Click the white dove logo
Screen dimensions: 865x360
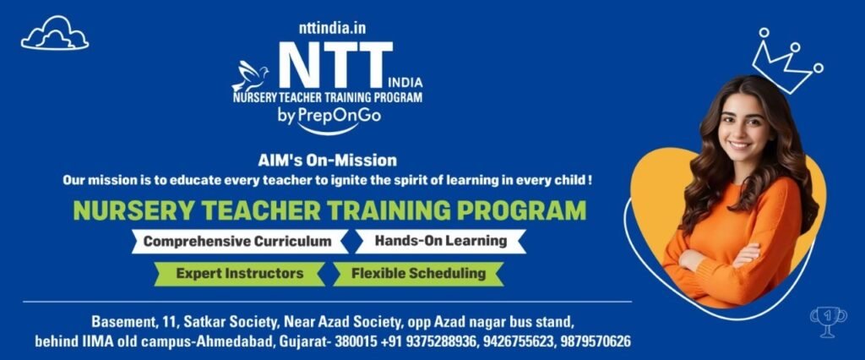250,76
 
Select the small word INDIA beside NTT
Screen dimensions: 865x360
405,84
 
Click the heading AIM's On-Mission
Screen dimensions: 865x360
327,161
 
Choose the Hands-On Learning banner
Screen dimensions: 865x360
440,241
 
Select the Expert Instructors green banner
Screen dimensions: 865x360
239,273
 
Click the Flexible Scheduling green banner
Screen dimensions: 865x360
418,273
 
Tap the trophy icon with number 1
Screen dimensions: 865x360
828,321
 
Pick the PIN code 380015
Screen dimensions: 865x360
356,341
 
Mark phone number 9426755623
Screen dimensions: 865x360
519,341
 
